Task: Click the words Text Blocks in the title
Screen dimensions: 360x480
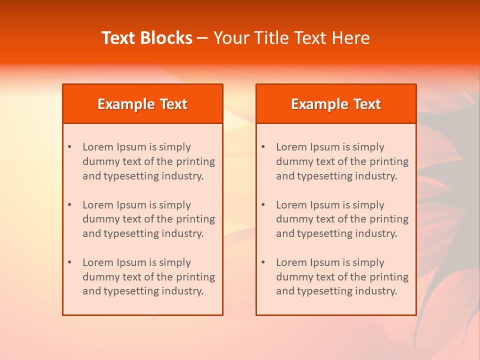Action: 147,38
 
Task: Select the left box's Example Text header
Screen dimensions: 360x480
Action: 142,104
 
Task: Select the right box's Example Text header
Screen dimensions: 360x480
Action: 336,104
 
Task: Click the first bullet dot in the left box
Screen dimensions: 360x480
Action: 70,147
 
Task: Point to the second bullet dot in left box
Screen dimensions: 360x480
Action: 70,205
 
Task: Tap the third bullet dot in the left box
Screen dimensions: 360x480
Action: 70,262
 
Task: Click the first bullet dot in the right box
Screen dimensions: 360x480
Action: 263,147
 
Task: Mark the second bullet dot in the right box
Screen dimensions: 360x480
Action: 263,205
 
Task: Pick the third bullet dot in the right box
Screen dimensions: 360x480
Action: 263,262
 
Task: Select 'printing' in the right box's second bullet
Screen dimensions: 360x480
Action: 390,219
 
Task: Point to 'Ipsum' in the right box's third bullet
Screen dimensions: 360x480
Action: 326,262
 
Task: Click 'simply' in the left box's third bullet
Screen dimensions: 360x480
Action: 175,262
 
